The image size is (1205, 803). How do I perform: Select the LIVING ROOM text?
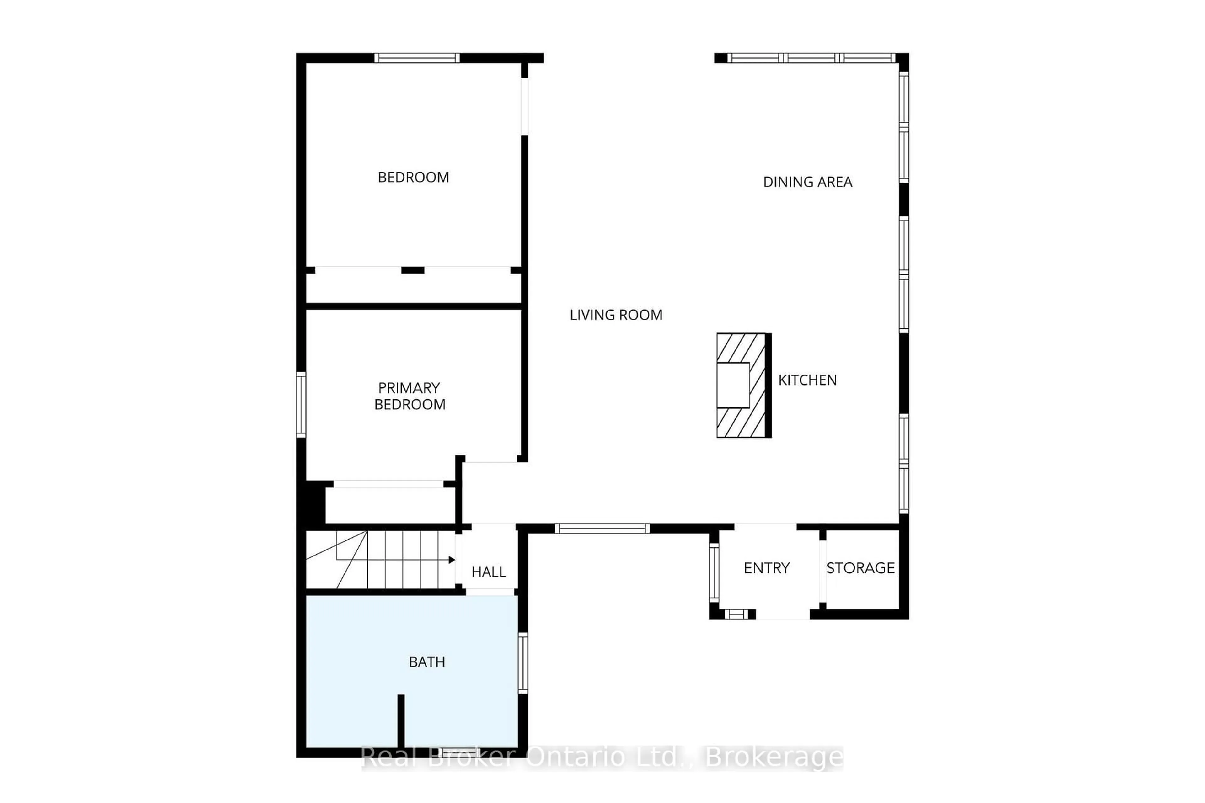tap(616, 315)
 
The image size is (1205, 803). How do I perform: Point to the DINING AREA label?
tap(807, 182)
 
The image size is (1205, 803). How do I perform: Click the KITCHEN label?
tap(807, 380)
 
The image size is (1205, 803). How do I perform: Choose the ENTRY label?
tap(766, 568)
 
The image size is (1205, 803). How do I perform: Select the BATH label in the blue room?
tap(427, 662)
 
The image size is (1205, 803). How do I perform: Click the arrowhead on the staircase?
tap(451, 560)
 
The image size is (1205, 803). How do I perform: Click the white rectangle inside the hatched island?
tap(733, 385)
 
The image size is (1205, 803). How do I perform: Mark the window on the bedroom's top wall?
tap(416, 58)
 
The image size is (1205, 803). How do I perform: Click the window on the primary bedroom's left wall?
tap(301, 405)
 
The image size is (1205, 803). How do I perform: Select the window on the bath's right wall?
tap(522, 663)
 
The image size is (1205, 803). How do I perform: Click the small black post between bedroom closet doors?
tap(412, 270)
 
